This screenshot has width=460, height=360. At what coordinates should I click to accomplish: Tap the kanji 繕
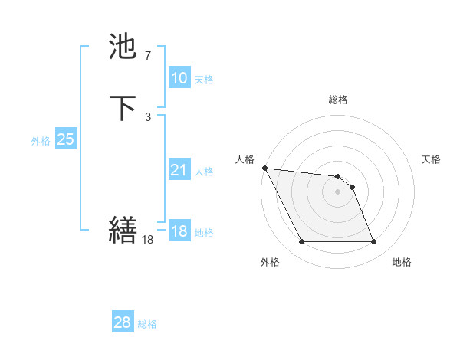[123, 230]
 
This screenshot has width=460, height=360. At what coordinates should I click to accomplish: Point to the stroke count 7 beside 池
[147, 55]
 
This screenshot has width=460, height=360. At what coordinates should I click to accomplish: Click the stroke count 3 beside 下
[147, 116]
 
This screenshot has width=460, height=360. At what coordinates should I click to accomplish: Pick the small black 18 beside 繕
[148, 240]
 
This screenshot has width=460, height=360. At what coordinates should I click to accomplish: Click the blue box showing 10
[179, 78]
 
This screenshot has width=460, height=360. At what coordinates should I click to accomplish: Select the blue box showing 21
[179, 170]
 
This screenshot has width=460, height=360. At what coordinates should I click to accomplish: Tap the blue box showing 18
[179, 231]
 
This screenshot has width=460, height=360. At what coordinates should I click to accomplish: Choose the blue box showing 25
[65, 139]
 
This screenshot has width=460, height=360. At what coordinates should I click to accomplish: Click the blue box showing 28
[123, 322]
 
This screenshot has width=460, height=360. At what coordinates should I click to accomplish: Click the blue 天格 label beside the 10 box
[204, 80]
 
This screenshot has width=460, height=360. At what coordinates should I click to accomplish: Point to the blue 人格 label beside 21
[204, 172]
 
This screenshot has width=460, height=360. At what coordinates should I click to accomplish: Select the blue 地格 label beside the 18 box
[204, 233]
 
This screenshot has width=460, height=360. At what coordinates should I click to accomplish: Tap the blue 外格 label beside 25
[41, 141]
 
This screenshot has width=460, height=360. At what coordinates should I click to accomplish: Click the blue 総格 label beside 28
[147, 324]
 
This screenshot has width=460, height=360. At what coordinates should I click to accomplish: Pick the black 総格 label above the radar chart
[337, 100]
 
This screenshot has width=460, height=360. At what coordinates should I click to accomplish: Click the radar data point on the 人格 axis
[264, 168]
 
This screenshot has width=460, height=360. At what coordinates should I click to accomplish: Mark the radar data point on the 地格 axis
[373, 242]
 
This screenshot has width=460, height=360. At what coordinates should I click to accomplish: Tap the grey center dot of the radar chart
[337, 191]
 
